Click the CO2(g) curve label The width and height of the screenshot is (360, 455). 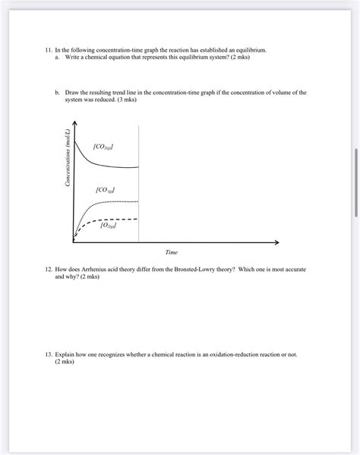(104, 147)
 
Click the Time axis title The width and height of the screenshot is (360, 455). (171, 252)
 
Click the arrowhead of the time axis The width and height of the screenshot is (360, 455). (276, 242)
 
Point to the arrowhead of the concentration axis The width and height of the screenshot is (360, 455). (74, 124)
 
